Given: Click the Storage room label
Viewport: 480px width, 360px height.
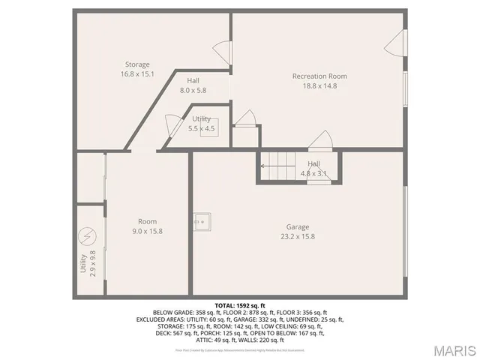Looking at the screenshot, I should pos(137,64).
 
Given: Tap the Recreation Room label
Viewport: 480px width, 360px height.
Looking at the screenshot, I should pos(319,76).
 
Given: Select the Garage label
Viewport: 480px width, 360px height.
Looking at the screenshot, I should pos(297,227).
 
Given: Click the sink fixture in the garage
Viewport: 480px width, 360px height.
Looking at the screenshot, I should pos(201,220).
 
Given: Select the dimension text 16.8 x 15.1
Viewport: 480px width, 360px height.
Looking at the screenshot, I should pos(137,74).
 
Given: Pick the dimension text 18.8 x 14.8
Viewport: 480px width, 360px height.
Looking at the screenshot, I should pos(319,85).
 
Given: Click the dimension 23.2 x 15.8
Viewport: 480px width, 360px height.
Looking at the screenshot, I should pos(297,237).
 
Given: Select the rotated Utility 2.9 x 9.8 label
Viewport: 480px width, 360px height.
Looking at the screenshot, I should pos(88,263).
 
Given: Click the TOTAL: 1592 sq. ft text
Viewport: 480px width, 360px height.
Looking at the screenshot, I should pos(239,306).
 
